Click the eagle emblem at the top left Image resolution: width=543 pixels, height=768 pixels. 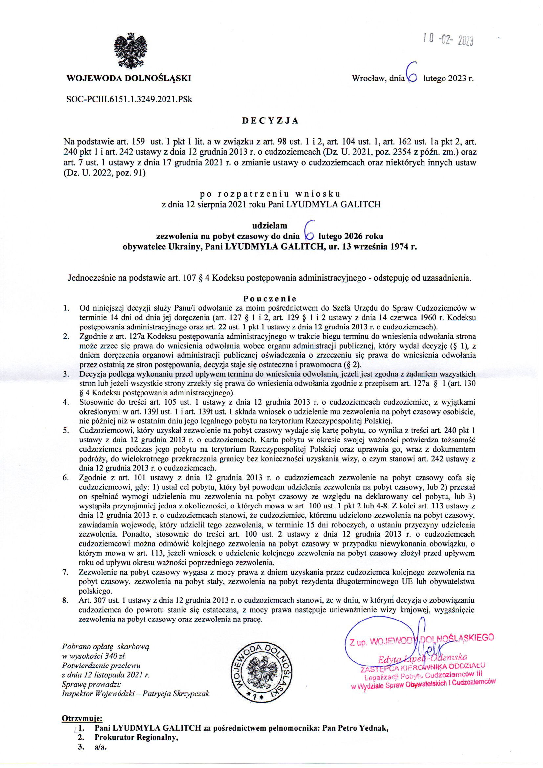131,52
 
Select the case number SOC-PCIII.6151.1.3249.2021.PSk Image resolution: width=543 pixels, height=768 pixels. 130,99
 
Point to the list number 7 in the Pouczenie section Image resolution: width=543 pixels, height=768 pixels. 66,572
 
